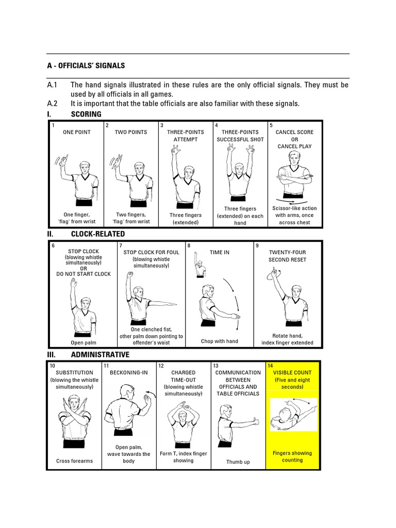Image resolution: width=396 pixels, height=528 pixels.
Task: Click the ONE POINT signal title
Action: tap(76, 132)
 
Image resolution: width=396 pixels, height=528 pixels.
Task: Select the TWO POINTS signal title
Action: tap(131, 132)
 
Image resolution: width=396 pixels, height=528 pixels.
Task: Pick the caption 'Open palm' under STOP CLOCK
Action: tap(83, 342)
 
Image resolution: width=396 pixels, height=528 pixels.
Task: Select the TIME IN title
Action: tap(219, 253)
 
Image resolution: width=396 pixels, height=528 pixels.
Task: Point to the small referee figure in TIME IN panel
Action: tap(200, 268)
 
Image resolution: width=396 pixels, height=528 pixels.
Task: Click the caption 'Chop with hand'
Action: tap(219, 341)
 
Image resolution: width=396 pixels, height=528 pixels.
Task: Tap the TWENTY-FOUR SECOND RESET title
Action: tap(288, 256)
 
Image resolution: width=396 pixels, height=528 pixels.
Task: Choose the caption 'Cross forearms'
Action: tap(74, 461)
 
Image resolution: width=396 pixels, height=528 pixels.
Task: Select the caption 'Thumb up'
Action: tap(238, 462)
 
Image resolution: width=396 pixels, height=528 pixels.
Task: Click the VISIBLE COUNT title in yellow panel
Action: tap(292, 372)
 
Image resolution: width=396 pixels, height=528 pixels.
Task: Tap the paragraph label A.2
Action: tap(53, 104)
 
